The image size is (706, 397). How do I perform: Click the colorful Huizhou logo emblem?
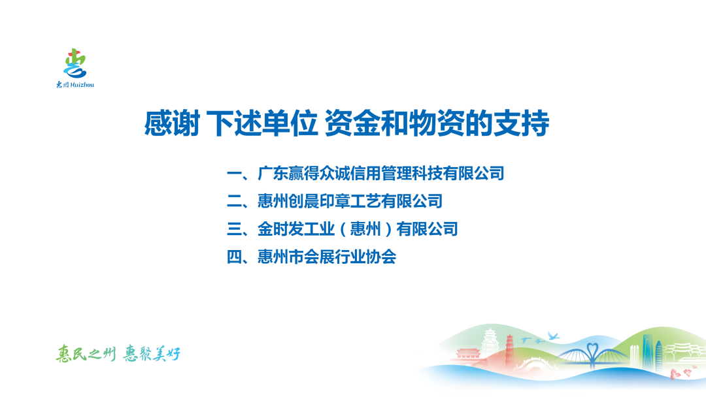point(75,64)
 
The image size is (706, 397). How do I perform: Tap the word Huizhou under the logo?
point(82,84)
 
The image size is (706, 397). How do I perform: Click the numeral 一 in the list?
point(234,174)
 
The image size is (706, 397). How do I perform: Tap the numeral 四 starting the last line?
point(234,257)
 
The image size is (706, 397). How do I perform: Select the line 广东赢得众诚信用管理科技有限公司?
point(381,174)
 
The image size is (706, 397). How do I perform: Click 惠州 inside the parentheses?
point(365,229)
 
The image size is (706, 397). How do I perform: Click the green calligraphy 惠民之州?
point(86,355)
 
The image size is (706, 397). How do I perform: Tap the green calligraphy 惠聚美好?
point(152,355)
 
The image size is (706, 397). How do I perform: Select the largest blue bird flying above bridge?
point(553,336)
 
